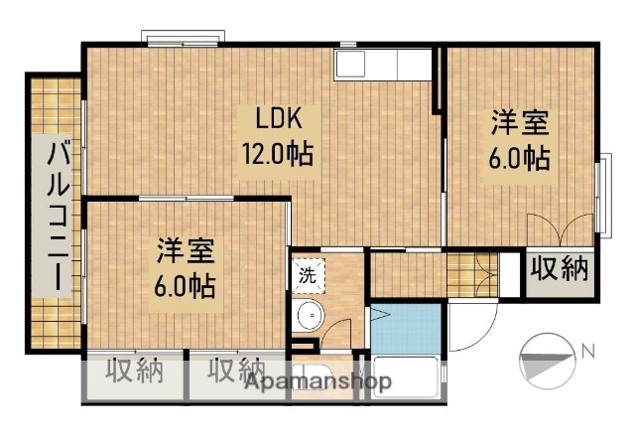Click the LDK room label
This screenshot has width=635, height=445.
pos(275,119)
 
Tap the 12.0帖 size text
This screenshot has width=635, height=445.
pos(275,154)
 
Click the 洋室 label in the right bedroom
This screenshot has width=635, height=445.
pos(520,124)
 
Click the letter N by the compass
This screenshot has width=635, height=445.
pos(587,351)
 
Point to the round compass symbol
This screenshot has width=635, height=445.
pos(546,360)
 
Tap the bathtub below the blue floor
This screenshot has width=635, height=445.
pos(406,380)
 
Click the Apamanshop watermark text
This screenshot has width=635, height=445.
pos(317,380)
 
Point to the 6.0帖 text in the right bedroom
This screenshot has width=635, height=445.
pos(520,158)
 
